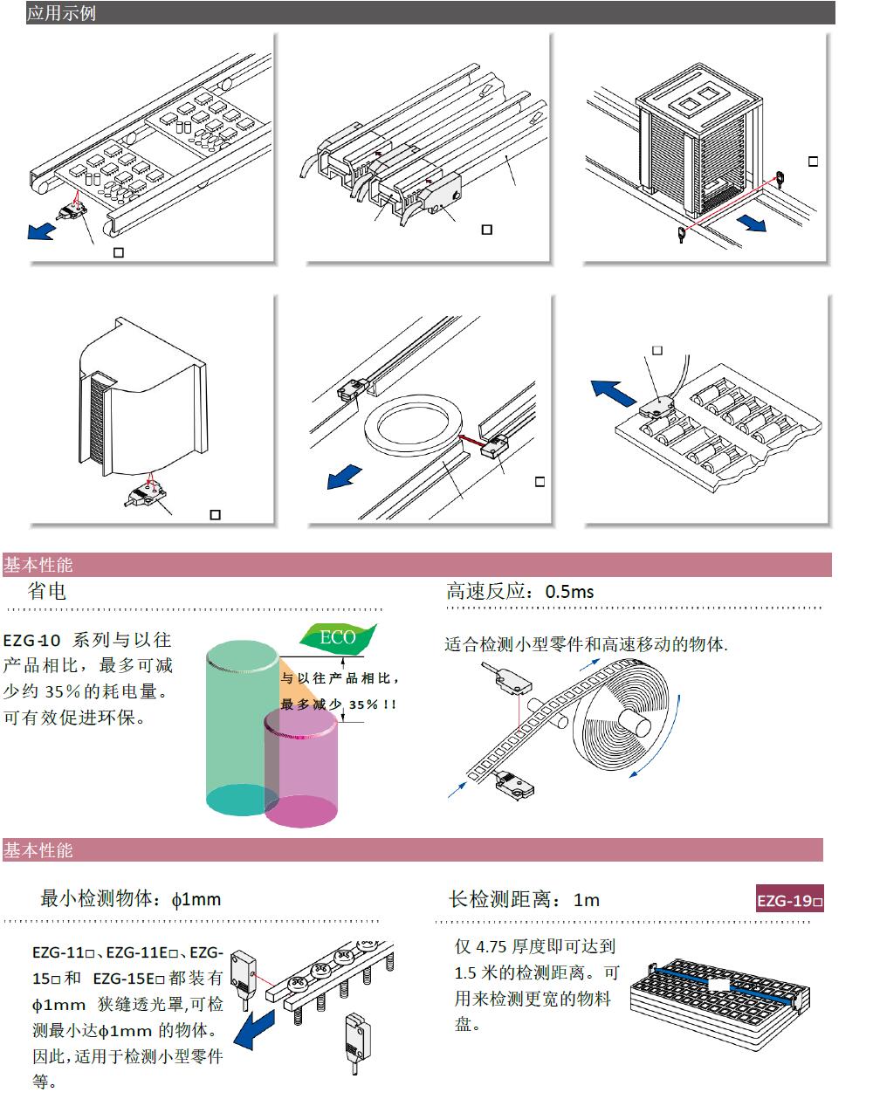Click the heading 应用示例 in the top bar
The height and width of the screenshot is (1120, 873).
click(61, 14)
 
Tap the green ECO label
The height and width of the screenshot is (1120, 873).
click(338, 637)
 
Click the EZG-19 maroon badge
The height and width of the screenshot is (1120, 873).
click(790, 900)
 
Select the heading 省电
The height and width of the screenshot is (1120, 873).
click(47, 591)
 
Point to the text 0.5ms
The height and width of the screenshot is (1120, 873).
click(569, 591)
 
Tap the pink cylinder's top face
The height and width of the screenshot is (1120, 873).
click(300, 722)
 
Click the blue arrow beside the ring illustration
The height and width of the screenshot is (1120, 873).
click(344, 477)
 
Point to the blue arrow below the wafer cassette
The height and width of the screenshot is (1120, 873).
click(751, 223)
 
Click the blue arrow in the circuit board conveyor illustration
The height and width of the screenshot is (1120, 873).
click(40, 230)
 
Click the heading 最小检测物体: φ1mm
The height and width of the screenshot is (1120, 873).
click(131, 899)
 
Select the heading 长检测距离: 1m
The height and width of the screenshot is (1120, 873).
click(524, 899)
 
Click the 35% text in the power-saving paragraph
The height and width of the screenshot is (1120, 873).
click(60, 691)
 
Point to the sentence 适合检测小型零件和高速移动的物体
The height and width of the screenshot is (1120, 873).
click(586, 644)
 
